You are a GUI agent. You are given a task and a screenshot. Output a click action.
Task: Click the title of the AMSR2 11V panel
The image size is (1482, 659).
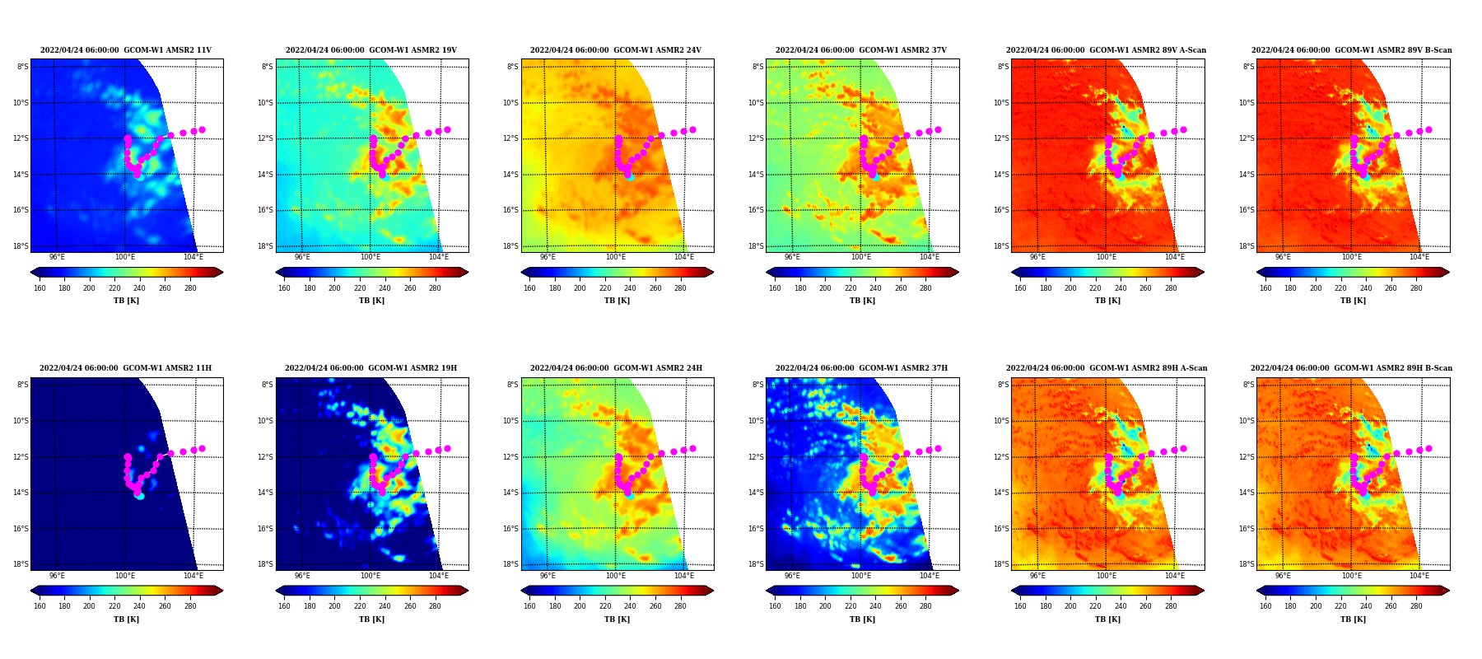pyautogui.click(x=126, y=50)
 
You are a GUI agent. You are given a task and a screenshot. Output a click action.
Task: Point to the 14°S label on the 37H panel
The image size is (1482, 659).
pyautogui.click(x=757, y=493)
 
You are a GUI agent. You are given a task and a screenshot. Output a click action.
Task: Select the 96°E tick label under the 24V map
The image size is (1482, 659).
pyautogui.click(x=548, y=257)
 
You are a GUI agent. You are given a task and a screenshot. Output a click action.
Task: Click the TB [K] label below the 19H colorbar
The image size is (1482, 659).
pyautogui.click(x=371, y=619)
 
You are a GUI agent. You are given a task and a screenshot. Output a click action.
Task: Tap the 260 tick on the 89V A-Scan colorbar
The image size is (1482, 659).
pyautogui.click(x=1145, y=288)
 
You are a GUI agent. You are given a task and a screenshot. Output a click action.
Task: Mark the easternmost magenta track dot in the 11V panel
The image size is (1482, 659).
pyautogui.click(x=202, y=129)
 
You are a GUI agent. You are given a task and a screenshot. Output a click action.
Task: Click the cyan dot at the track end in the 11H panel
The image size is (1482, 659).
pyautogui.click(x=140, y=496)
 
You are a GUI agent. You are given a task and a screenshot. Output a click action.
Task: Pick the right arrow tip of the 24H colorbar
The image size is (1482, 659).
pyautogui.click(x=713, y=591)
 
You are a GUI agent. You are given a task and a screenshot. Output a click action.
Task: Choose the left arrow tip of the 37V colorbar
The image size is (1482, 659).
pyautogui.click(x=767, y=272)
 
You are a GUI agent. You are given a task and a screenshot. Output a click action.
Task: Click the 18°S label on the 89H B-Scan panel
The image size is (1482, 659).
pyautogui.click(x=1247, y=564)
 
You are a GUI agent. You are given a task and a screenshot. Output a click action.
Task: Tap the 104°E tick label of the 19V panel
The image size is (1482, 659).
pyautogui.click(x=439, y=257)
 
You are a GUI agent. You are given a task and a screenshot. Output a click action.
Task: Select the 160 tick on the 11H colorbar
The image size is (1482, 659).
pyautogui.click(x=40, y=606)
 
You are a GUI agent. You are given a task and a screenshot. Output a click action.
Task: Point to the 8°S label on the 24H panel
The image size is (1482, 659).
pyautogui.click(x=513, y=385)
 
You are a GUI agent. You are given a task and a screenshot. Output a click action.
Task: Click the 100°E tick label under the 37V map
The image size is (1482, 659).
pyautogui.click(x=860, y=257)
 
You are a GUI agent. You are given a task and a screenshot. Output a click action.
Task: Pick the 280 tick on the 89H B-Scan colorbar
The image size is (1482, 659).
pyautogui.click(x=1416, y=606)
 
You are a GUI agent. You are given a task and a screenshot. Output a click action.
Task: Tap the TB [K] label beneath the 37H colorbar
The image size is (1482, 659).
pyautogui.click(x=862, y=619)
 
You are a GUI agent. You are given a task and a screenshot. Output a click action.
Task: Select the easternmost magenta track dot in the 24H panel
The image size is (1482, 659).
pyautogui.click(x=692, y=448)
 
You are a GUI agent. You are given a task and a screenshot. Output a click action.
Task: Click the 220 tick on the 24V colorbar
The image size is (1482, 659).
pyautogui.click(x=605, y=288)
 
